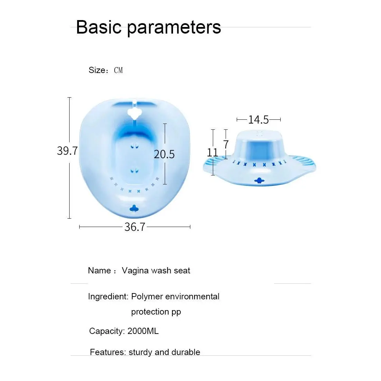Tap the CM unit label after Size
(118, 70)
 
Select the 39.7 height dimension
(67, 151)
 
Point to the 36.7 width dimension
(135, 227)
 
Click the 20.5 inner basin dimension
(164, 154)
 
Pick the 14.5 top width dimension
(258, 119)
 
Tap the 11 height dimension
(212, 153)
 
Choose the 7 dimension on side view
(226, 144)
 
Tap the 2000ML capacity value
(143, 331)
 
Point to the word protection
(150, 312)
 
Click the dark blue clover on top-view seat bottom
(134, 208)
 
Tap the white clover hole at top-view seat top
(134, 113)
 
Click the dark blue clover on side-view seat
(259, 180)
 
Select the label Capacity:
(107, 331)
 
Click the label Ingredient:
(108, 297)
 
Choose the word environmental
(192, 297)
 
